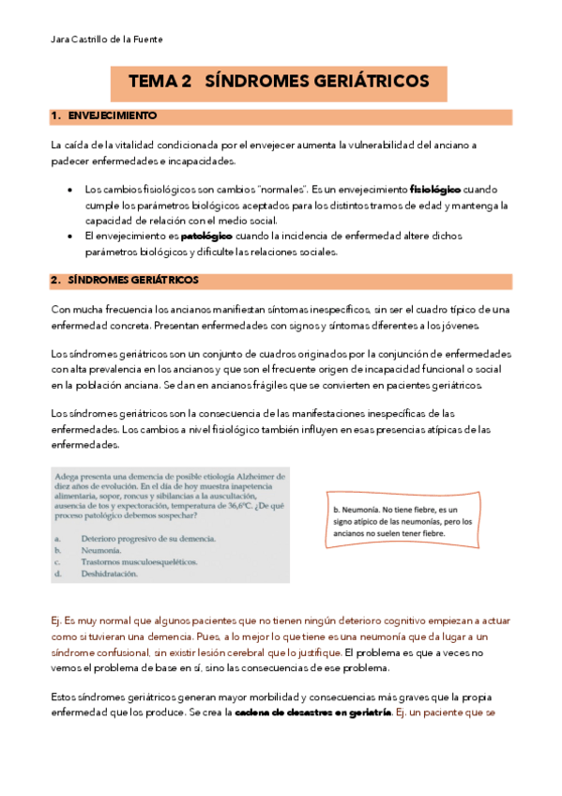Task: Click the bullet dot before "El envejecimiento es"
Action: click(x=72, y=237)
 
